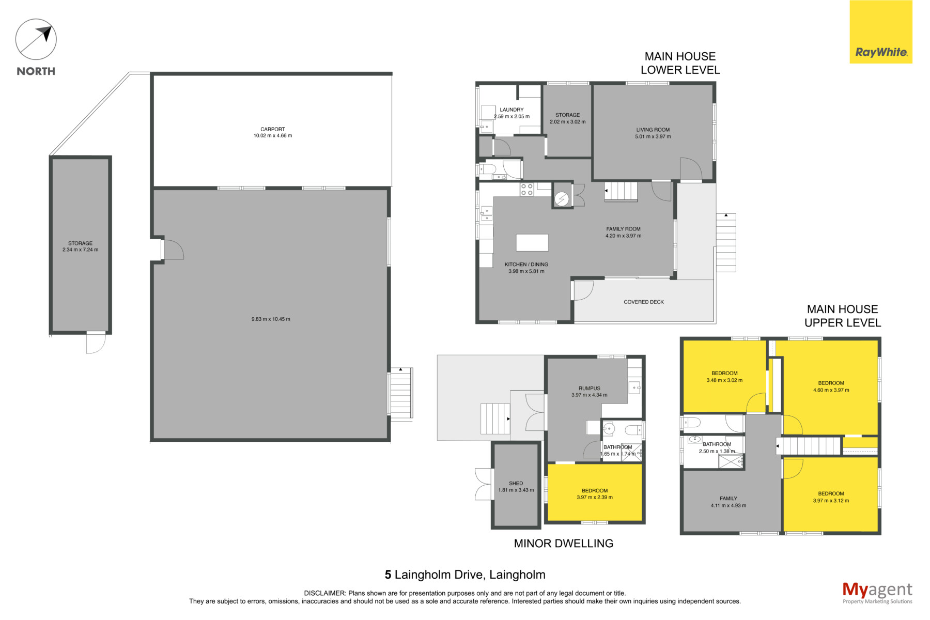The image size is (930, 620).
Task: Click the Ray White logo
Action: click(881, 32)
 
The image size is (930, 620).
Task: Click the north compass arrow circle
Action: click(36, 39)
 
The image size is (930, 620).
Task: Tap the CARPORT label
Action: click(272, 129)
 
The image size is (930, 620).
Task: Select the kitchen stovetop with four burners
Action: click(526, 190)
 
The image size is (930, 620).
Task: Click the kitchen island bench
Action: click(532, 242)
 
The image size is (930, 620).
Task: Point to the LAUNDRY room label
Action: click(512, 110)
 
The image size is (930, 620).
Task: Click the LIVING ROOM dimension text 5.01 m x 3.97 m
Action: click(653, 137)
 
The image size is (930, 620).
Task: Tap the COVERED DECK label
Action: click(644, 302)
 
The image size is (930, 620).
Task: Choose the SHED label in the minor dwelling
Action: click(516, 484)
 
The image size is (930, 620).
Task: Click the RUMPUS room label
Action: click(590, 389)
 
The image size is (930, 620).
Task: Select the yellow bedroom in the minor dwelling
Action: click(595, 492)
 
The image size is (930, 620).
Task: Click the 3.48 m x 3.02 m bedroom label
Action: click(724, 380)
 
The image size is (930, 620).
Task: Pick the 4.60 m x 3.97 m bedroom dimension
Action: click(831, 390)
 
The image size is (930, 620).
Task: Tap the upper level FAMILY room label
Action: click(729, 499)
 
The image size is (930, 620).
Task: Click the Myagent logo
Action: click(877, 593)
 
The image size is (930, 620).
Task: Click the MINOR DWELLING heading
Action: click(564, 544)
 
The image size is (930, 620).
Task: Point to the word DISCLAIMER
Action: click(324, 593)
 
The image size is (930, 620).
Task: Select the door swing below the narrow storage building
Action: click(96, 343)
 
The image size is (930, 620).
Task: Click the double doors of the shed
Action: click(484, 484)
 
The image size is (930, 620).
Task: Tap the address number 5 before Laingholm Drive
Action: click(388, 575)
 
